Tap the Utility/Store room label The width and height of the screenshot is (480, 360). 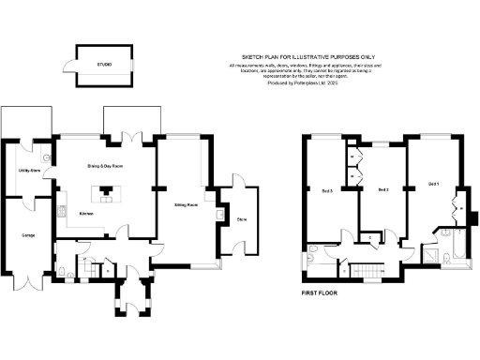pyautogui.click(x=28, y=171)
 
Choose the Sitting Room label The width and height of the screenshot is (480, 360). pyautogui.click(x=185, y=203)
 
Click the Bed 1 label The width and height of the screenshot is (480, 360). pyautogui.click(x=432, y=183)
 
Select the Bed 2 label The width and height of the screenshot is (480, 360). pyautogui.click(x=382, y=190)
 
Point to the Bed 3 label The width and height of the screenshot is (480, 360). pyautogui.click(x=327, y=191)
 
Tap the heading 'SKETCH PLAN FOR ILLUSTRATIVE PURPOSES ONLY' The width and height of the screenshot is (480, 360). pyautogui.click(x=307, y=56)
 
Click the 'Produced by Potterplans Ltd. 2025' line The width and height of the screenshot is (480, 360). pyautogui.click(x=307, y=83)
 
